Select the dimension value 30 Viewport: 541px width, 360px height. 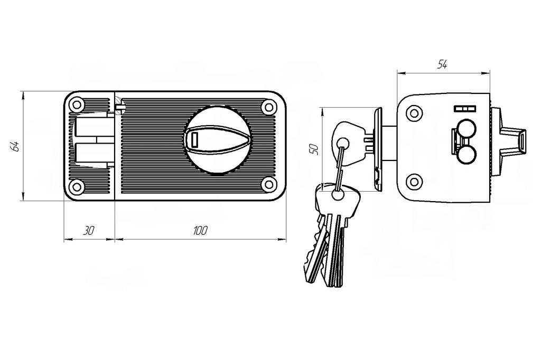click(x=89, y=231)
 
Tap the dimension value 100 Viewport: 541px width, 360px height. click(x=200, y=231)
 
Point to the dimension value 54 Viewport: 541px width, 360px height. click(x=442, y=64)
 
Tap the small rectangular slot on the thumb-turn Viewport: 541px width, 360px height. click(x=194, y=140)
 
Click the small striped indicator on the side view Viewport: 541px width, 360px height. click(x=465, y=109)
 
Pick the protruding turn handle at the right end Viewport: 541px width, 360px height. click(x=515, y=140)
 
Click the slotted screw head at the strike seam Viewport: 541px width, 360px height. click(x=120, y=106)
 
